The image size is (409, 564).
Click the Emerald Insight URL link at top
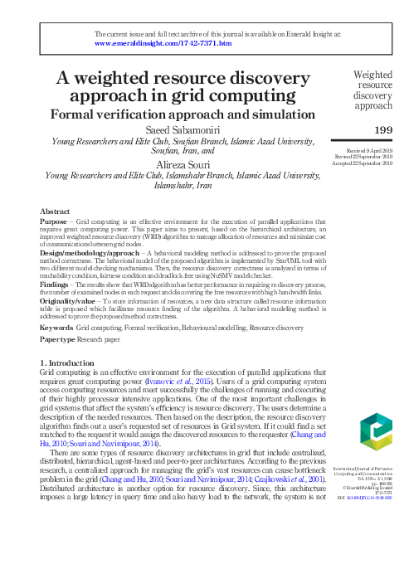tap(163, 43)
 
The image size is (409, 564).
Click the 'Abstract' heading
tap(55, 212)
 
